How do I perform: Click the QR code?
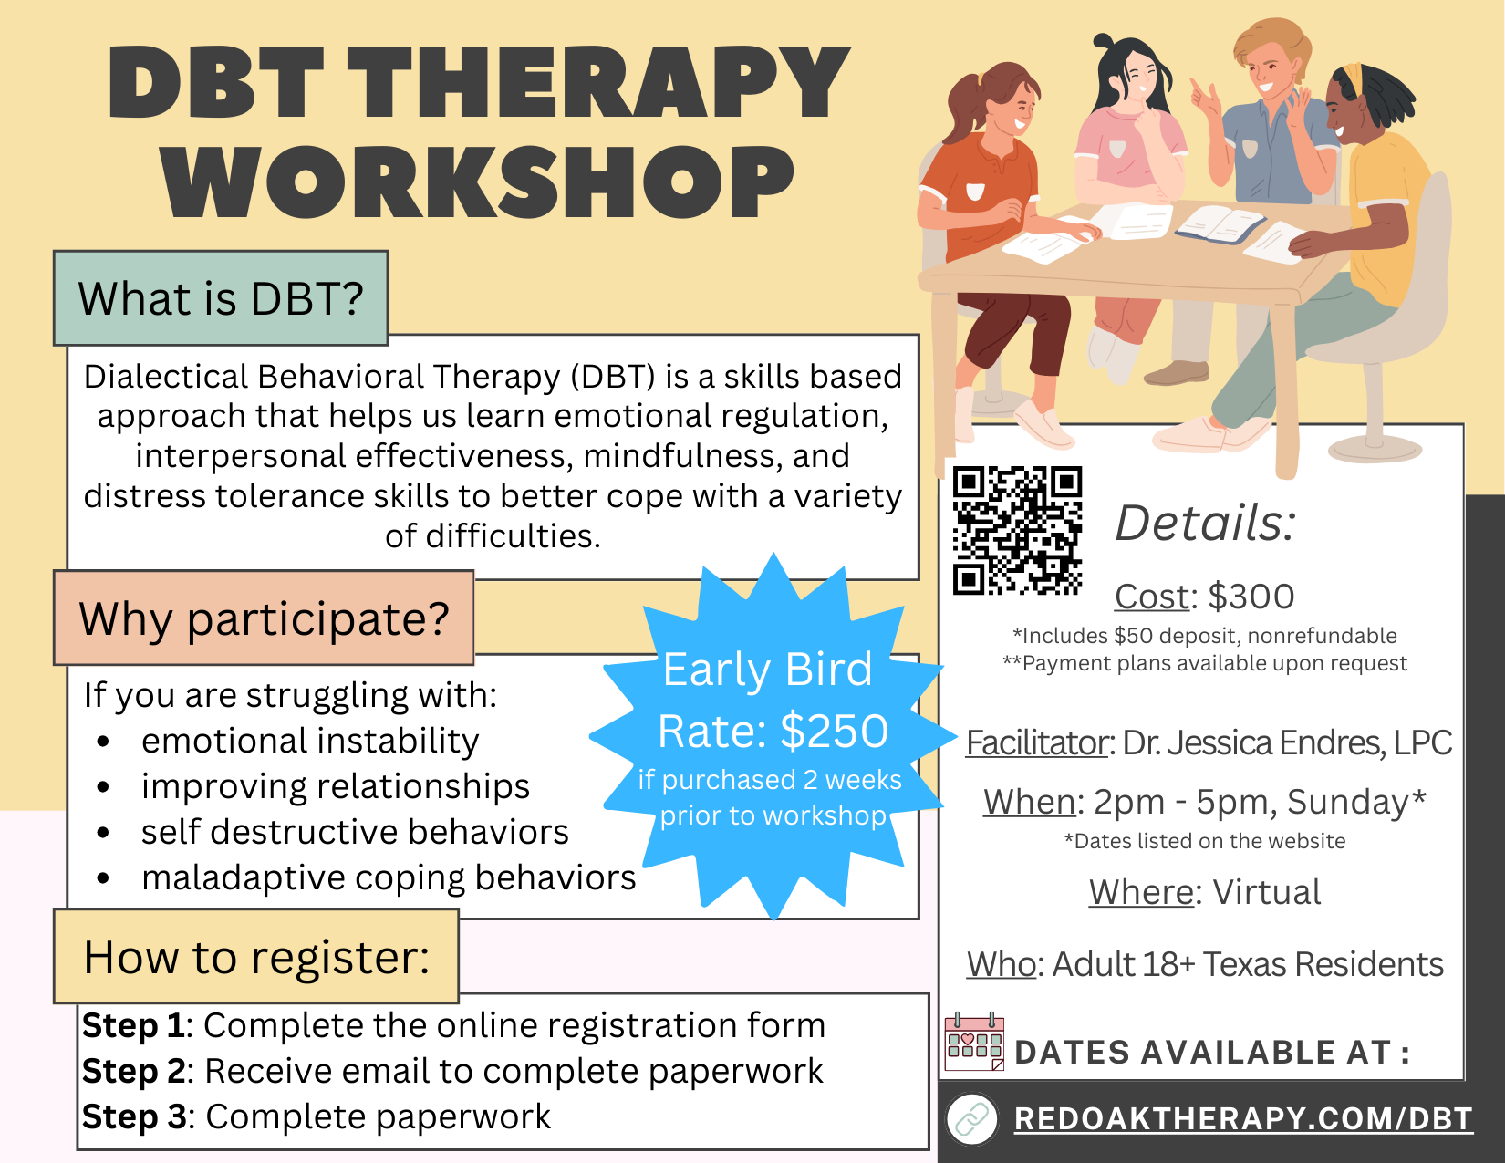coord(1017,531)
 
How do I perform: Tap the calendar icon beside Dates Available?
coord(974,1042)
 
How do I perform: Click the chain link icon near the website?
coord(971,1119)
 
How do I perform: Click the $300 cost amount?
coord(1251,597)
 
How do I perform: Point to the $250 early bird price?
coord(835,732)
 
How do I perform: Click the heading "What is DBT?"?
coord(220,298)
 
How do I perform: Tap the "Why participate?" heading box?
coord(264,618)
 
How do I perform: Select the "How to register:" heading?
coord(256,957)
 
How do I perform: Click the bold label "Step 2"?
coord(134,1071)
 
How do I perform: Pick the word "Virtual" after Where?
coord(1267,892)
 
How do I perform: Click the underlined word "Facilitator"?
coord(1037,742)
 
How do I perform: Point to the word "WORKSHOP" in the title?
coord(478,182)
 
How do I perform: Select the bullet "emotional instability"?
coord(309,742)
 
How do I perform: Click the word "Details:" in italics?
coord(1205,523)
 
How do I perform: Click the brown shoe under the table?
coord(1176,374)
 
